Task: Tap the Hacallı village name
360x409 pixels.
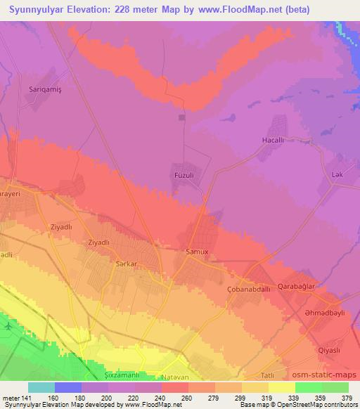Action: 272,140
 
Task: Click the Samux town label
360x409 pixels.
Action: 196,251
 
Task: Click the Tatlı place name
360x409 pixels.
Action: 268,375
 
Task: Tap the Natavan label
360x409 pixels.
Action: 173,377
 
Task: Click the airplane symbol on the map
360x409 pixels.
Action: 8,327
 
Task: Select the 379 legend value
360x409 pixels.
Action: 347,398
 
